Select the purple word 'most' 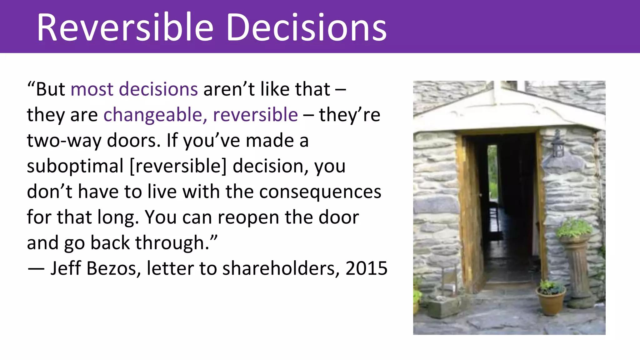click(92, 89)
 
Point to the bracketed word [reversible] click(178, 166)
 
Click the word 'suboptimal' click(75, 166)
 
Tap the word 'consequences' click(320, 192)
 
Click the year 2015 click(366, 268)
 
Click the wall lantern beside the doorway click(558, 144)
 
